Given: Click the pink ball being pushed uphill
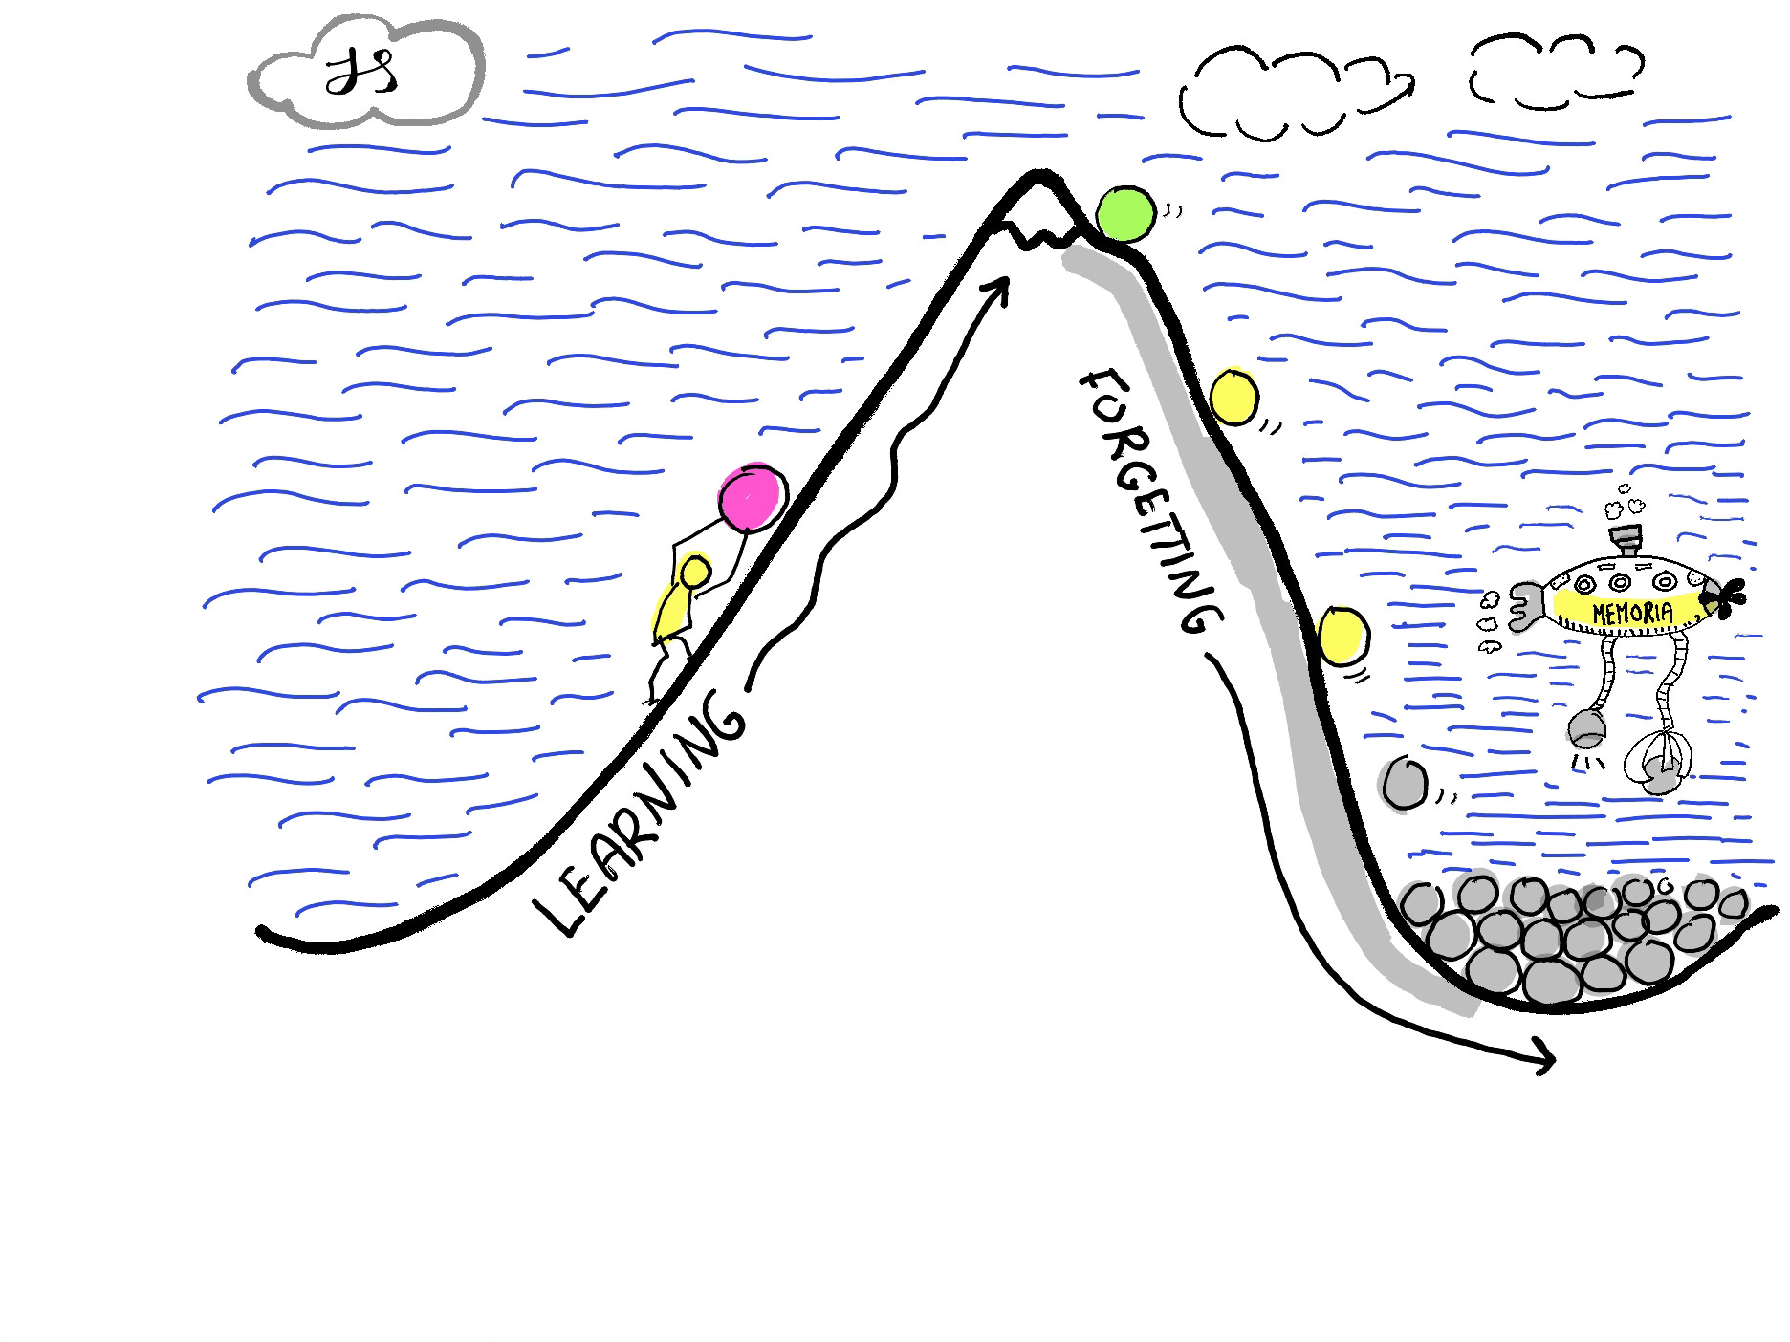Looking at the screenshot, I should (753, 498).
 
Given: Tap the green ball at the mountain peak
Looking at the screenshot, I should (1124, 213).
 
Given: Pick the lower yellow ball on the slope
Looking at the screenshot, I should (1342, 634).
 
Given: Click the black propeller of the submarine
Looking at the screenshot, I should (1726, 598).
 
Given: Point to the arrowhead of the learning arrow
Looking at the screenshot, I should (1002, 286).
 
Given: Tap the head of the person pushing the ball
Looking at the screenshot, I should (695, 573).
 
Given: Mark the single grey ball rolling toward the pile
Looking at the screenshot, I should (1406, 784).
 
